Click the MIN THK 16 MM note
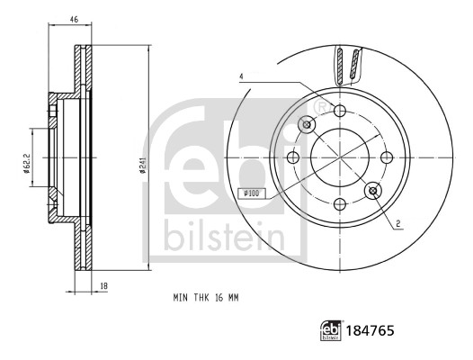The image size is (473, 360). (x=206, y=296)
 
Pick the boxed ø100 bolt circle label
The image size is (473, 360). (x=251, y=193)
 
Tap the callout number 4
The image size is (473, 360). (x=241, y=76)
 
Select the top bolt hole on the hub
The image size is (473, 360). (x=339, y=110)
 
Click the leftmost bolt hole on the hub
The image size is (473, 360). (x=293, y=157)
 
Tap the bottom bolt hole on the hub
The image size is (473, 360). (x=340, y=203)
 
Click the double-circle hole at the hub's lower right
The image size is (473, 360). (x=373, y=190)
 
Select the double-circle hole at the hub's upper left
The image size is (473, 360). (x=307, y=123)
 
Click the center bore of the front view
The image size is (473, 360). (x=340, y=157)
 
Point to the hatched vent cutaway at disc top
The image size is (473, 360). (x=349, y=67)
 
